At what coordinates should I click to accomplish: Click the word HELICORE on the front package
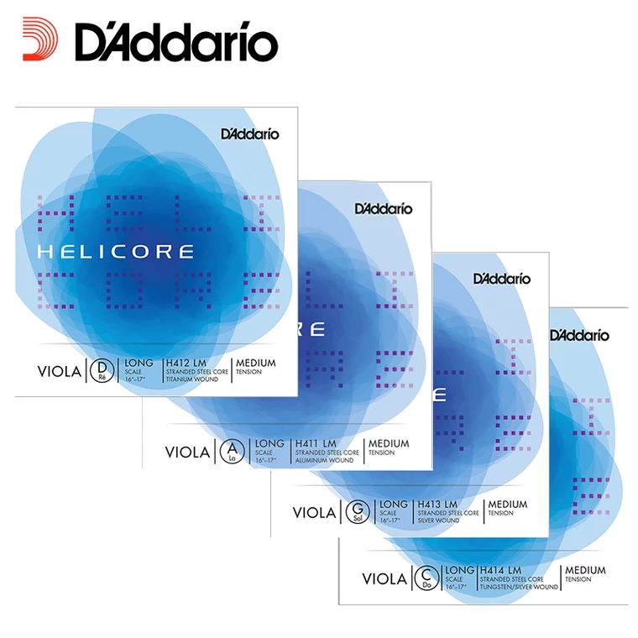pyautogui.click(x=115, y=251)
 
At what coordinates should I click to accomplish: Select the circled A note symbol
pyautogui.click(x=228, y=452)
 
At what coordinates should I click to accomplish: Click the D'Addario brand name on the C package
pyautogui.click(x=580, y=335)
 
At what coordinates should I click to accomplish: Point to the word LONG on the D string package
pyautogui.click(x=139, y=362)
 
